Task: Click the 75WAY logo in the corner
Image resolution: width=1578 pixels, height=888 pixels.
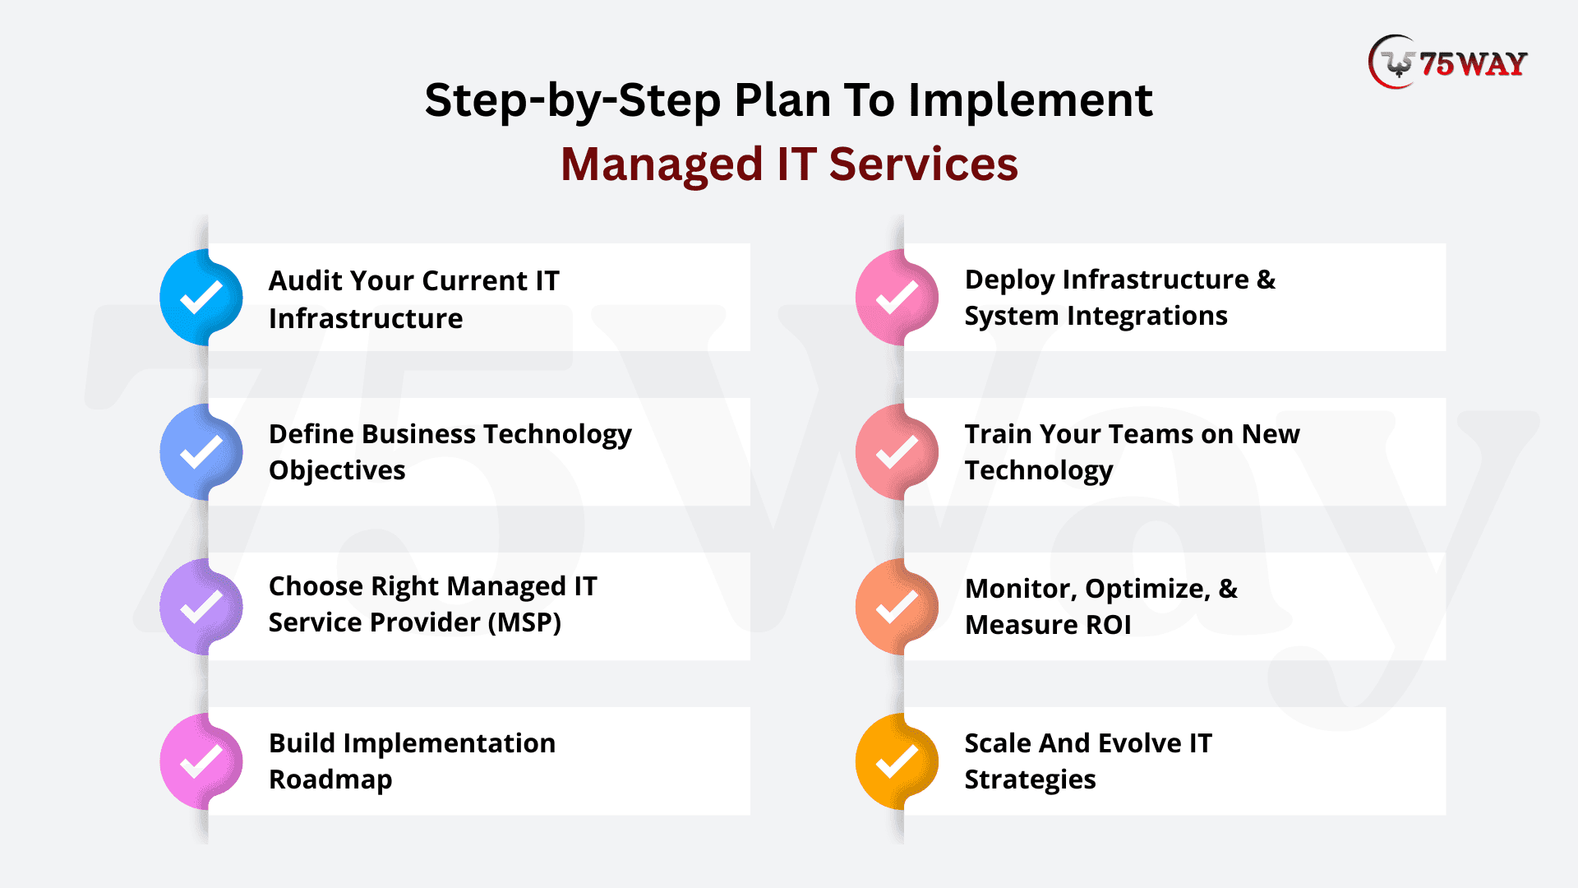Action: click(x=1447, y=62)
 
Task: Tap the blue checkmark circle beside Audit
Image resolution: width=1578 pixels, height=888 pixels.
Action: click(x=201, y=298)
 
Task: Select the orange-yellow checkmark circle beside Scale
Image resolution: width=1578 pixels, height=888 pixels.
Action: click(x=897, y=761)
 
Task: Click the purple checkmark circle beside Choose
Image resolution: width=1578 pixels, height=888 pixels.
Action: click(x=201, y=607)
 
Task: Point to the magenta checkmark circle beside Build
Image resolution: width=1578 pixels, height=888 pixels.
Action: click(x=201, y=761)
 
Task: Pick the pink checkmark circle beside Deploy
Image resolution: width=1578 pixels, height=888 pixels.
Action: click(x=897, y=298)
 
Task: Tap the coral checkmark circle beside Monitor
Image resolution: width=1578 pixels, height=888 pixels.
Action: click(x=897, y=607)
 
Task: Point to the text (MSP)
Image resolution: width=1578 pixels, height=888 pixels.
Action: click(x=524, y=622)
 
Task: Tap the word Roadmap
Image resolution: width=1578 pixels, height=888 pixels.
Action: click(x=330, y=780)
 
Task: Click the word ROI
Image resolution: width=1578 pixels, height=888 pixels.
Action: click(x=1109, y=625)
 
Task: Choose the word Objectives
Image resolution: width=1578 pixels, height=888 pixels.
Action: click(x=337, y=470)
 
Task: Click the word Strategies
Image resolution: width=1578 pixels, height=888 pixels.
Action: click(x=1030, y=780)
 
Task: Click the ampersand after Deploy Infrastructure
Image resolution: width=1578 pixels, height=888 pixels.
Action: click(x=1267, y=280)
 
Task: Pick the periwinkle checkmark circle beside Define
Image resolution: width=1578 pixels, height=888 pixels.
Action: click(x=201, y=452)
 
